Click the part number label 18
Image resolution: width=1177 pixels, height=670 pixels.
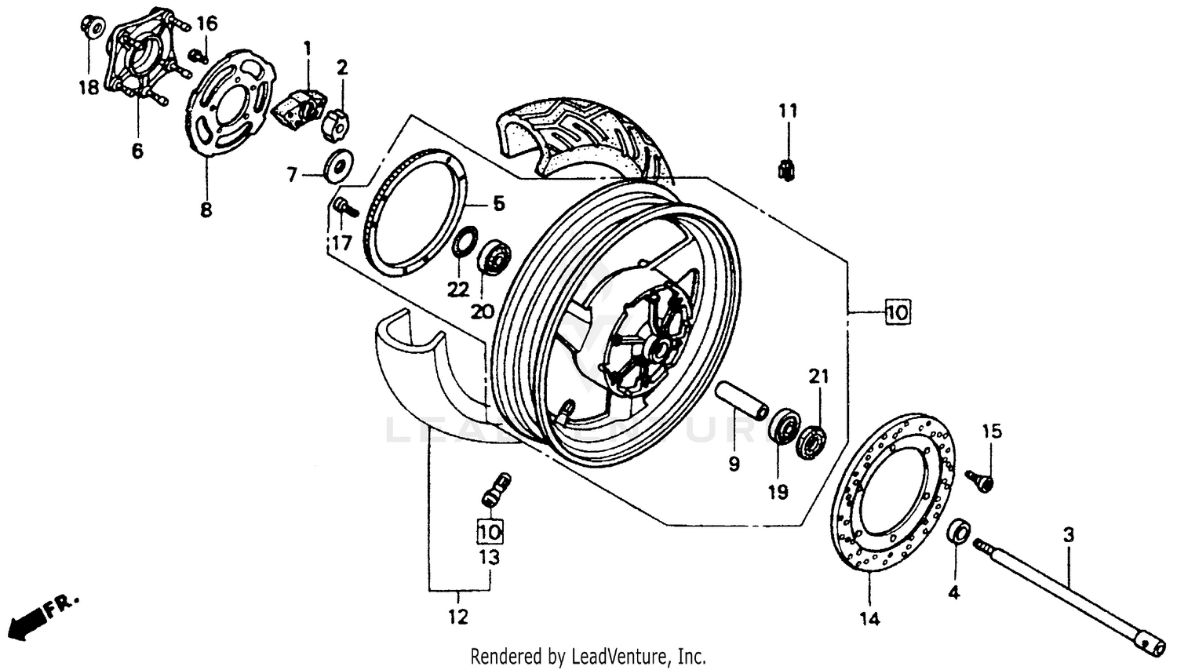89,87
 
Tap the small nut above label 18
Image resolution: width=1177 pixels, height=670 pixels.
92,27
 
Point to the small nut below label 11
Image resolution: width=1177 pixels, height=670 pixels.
787,169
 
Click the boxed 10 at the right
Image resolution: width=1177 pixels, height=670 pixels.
897,312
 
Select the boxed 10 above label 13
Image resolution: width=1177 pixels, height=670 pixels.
490,531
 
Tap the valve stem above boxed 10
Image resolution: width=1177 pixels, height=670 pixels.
494,488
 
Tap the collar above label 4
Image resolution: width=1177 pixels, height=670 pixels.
958,531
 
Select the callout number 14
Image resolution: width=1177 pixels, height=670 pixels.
869,619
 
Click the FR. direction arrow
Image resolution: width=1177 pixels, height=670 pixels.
39,617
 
